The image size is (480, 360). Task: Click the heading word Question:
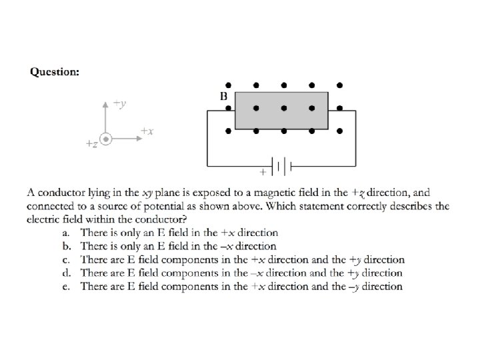(x=55, y=72)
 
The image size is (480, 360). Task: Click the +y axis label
(x=120, y=103)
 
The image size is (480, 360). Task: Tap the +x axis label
(x=147, y=131)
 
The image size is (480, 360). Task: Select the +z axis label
(x=92, y=143)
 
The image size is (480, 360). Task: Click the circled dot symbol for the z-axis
(x=106, y=138)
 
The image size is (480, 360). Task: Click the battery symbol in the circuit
(x=281, y=164)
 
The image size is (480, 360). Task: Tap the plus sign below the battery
(x=262, y=172)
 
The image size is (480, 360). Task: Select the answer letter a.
(x=65, y=233)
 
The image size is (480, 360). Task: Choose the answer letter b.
(x=65, y=246)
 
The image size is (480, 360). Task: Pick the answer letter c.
(x=65, y=259)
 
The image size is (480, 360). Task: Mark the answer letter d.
(x=65, y=273)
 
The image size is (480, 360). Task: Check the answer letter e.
(x=65, y=286)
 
